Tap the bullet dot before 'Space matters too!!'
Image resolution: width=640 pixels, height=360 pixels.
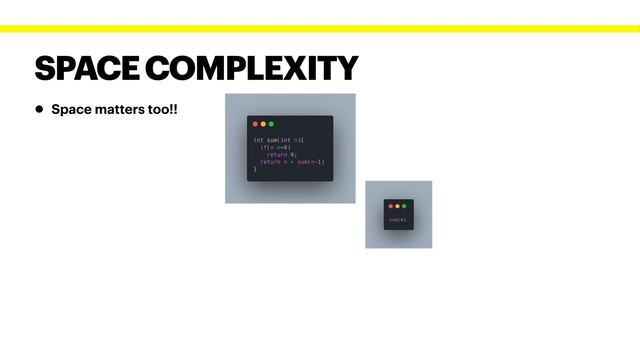point(40,108)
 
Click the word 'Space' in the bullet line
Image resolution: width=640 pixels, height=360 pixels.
point(69,108)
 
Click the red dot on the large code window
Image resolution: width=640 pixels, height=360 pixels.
point(255,124)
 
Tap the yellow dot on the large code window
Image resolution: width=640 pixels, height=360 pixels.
point(263,124)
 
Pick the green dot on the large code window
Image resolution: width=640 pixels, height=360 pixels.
point(271,124)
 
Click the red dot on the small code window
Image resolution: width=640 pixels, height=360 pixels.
point(391,206)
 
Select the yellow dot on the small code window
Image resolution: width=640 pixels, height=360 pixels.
point(397,206)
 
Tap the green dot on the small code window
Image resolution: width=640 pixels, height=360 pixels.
point(404,206)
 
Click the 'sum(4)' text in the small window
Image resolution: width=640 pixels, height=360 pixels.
point(397,219)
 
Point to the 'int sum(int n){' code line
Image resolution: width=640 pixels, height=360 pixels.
point(278,140)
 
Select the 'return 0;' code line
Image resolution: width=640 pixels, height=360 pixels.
point(281,154)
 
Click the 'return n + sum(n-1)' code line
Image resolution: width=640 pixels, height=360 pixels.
point(292,161)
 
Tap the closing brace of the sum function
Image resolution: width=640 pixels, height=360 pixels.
point(255,169)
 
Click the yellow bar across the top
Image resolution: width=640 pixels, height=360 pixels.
point(320,28)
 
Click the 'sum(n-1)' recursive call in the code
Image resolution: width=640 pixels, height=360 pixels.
point(310,161)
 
